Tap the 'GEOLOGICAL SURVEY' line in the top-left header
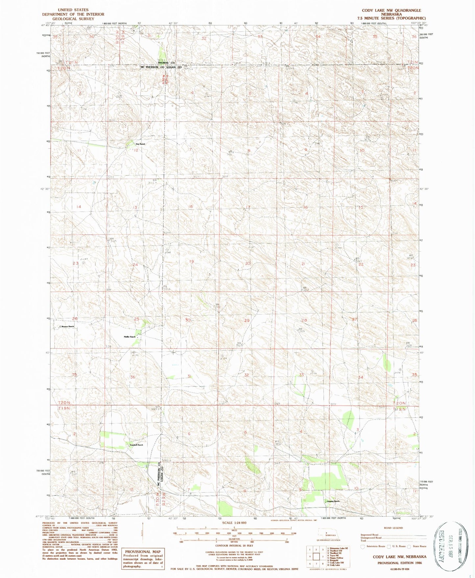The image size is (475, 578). pos(73,19)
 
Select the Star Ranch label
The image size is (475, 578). pos(140,144)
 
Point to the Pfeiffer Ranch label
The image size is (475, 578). pos(129,337)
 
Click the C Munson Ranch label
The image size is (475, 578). pos(66,326)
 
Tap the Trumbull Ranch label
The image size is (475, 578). pos(135,445)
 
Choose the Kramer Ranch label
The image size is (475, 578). pos(333,501)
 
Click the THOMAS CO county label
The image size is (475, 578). pos(166,62)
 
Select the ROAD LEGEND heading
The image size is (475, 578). pos(393,528)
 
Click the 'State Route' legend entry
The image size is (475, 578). pos(418,546)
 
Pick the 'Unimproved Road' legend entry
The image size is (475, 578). pos(371,538)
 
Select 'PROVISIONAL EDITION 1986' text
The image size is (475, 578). pos(399,563)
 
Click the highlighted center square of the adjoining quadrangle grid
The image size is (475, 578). pos(316,556)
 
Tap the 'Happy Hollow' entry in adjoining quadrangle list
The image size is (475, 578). pos(336,558)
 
